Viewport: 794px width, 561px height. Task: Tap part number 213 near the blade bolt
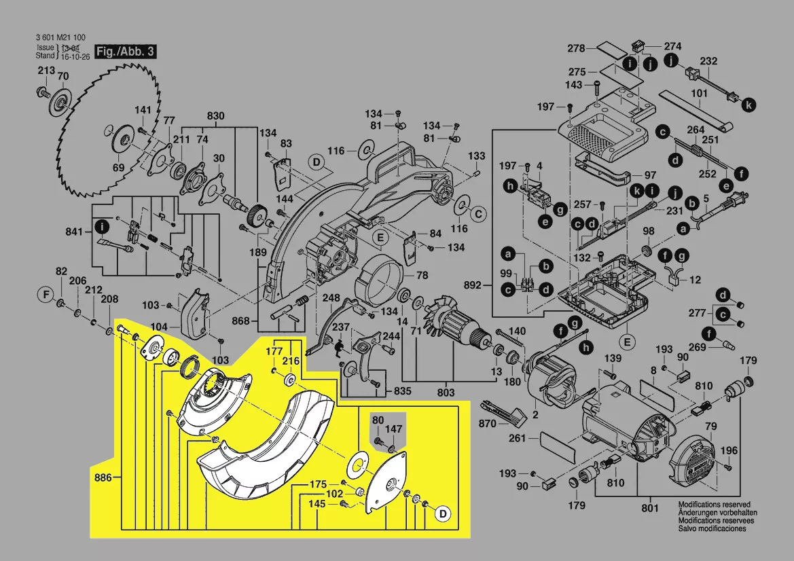click(46, 71)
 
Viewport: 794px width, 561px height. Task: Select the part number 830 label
click(215, 116)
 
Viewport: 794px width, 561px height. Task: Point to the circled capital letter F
click(46, 295)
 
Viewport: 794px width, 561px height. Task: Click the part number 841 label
click(74, 232)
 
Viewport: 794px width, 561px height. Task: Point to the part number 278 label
click(577, 48)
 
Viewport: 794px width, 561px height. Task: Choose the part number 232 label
click(708, 61)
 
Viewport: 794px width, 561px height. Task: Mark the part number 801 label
click(650, 507)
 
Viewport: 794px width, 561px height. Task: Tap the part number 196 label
click(729, 450)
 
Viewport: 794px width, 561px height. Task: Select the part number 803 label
click(446, 392)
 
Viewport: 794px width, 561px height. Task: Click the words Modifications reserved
click(714, 505)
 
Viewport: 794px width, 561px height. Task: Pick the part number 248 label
click(331, 297)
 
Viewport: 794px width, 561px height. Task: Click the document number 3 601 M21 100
click(60, 38)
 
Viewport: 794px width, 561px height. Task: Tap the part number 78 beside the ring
click(422, 276)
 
